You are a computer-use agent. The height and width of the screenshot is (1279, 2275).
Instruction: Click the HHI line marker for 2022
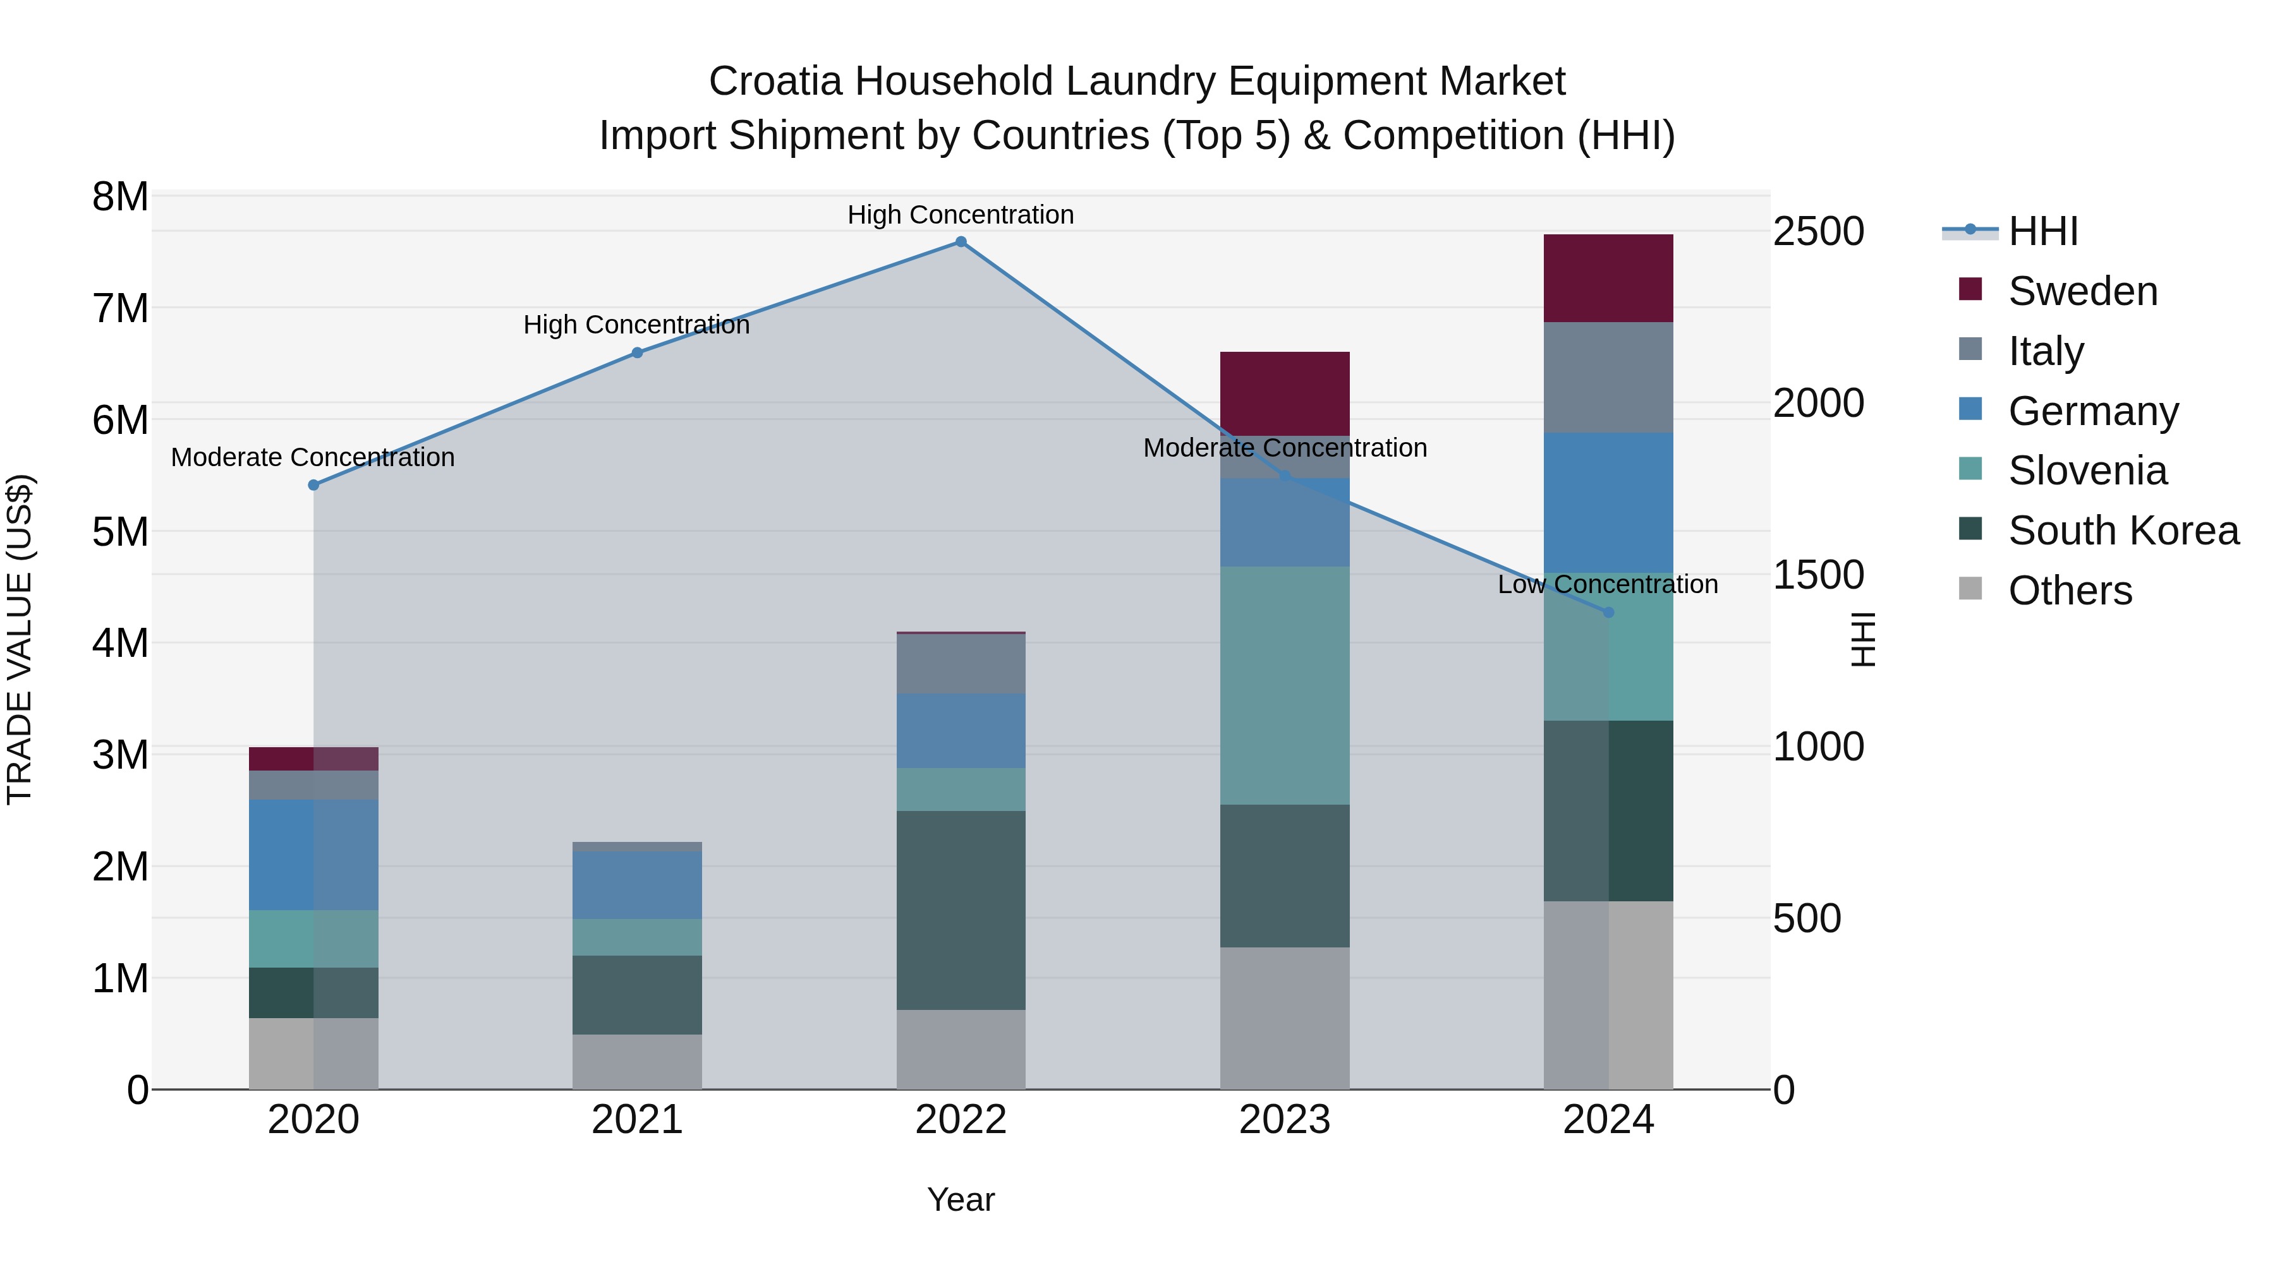click(961, 242)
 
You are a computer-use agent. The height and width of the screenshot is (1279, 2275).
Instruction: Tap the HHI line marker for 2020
click(313, 486)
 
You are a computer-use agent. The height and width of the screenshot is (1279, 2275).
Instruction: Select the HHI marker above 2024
click(1608, 613)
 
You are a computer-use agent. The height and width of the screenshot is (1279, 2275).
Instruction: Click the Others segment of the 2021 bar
click(637, 1061)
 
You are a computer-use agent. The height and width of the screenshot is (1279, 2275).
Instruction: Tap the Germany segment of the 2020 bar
click(313, 855)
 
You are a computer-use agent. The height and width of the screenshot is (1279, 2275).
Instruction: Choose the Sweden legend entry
click(2082, 291)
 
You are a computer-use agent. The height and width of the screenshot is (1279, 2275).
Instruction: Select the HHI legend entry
click(2042, 231)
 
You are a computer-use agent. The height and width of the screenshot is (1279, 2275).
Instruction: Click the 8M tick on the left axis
click(120, 197)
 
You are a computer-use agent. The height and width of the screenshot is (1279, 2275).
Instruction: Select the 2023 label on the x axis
click(1285, 1120)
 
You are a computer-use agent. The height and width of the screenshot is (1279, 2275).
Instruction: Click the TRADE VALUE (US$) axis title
click(20, 639)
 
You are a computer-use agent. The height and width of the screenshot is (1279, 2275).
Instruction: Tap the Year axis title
click(961, 1199)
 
